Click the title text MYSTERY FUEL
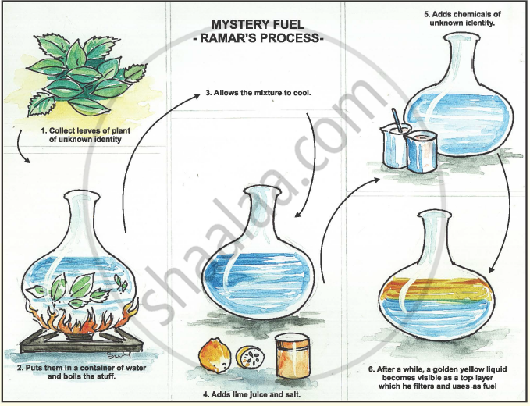coord(258,24)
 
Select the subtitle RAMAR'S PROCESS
coord(258,37)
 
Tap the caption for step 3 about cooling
coord(258,93)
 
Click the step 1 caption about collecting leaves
coord(85,134)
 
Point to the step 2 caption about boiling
coord(81,372)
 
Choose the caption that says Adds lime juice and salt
coord(252,394)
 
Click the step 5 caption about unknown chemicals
coord(462,19)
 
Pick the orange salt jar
coord(293,356)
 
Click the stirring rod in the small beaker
coord(397,120)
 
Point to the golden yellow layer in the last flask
coord(436,290)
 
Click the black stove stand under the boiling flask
coord(81,342)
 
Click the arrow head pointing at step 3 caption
coord(197,96)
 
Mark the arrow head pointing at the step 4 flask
coord(297,214)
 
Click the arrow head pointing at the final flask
coord(492,270)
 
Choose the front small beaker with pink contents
coord(422,151)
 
